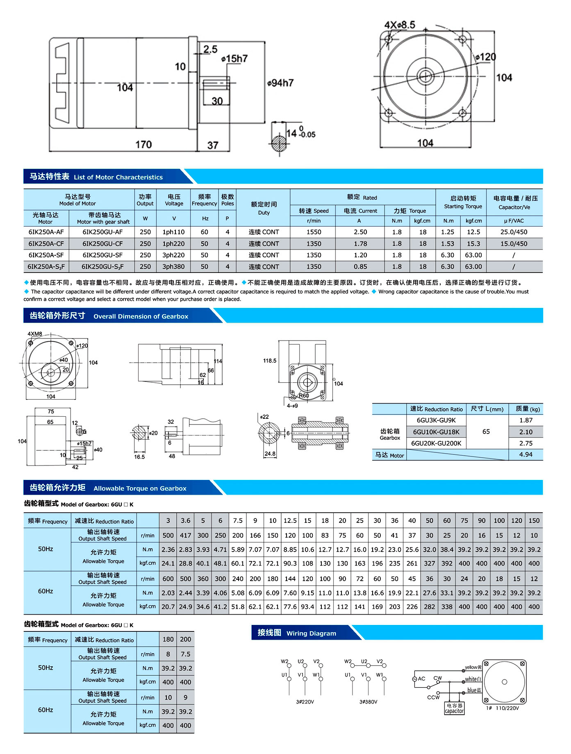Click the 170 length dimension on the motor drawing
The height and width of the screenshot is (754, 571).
(x=143, y=145)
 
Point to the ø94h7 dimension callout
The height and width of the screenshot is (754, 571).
(x=280, y=83)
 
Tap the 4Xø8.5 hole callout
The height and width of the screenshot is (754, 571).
(x=400, y=25)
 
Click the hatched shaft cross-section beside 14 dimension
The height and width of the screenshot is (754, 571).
(x=279, y=143)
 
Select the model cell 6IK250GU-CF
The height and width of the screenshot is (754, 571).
(x=102, y=244)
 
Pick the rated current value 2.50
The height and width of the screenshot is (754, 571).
(x=360, y=232)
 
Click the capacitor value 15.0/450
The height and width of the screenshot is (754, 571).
(x=514, y=244)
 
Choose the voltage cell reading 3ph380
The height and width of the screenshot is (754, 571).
(x=173, y=267)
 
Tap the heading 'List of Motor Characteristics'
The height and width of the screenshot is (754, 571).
(x=118, y=177)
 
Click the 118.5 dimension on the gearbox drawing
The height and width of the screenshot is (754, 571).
(x=270, y=361)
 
